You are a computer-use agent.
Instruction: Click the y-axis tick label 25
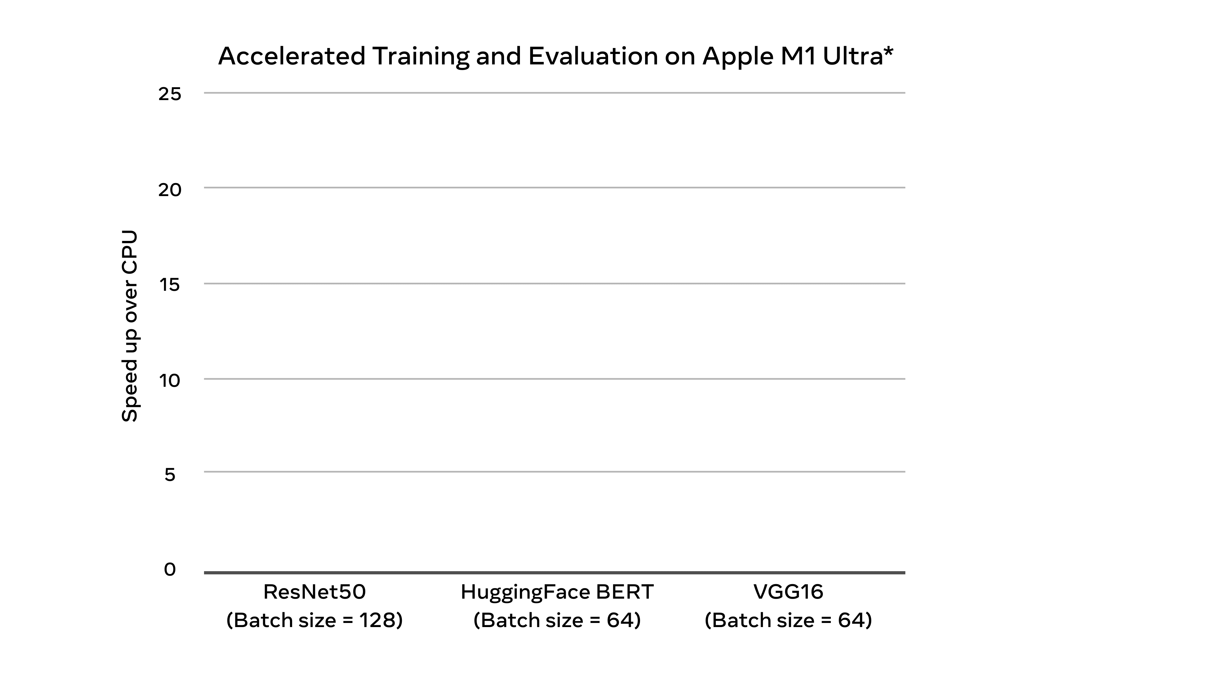(170, 94)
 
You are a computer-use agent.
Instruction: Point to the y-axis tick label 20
(170, 190)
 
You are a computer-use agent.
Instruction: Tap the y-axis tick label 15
(170, 285)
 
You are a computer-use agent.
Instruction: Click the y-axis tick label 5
(170, 475)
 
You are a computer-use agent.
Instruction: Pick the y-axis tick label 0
(170, 570)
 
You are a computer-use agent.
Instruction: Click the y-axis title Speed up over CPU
(130, 326)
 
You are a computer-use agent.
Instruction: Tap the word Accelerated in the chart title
(292, 57)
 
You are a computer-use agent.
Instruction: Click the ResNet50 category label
(315, 592)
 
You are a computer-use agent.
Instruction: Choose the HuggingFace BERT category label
(557, 592)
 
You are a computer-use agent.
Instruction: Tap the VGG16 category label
(788, 592)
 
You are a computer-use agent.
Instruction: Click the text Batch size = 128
(315, 620)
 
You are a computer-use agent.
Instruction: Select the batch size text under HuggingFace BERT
(557, 620)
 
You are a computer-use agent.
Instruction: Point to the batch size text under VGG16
(788, 620)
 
